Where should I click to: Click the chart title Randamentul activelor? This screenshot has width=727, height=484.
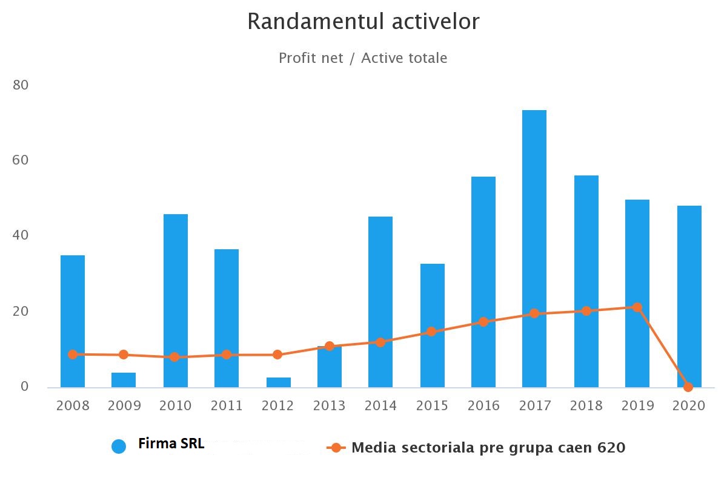(363, 22)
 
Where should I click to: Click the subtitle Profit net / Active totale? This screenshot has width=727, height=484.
(363, 58)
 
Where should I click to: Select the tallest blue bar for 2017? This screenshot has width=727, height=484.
(534, 248)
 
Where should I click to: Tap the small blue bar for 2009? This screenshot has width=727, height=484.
(124, 380)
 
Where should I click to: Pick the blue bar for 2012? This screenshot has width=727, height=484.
(278, 382)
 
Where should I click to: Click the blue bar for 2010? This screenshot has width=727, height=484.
(176, 301)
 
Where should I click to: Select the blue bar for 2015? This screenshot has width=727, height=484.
(432, 325)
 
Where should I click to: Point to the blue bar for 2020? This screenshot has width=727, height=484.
(689, 296)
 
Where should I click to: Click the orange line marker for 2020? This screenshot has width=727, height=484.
(688, 387)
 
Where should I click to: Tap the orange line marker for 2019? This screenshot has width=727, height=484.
(637, 307)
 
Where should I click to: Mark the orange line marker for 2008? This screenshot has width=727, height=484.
(73, 355)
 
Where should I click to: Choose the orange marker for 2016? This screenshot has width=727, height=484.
(483, 322)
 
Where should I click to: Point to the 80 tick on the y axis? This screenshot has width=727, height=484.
(21, 85)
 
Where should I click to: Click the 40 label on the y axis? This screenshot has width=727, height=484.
(21, 235)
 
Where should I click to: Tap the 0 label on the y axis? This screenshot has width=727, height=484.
(25, 386)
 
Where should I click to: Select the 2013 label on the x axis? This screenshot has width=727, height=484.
(330, 405)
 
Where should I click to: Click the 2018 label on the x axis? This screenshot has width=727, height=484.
(586, 405)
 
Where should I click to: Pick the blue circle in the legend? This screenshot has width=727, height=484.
(119, 446)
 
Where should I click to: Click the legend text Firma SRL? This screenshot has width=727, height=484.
(171, 443)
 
